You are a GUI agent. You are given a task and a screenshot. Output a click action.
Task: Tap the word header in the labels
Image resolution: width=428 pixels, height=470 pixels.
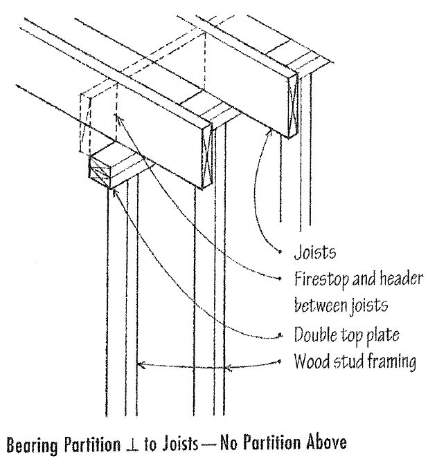point(391,280)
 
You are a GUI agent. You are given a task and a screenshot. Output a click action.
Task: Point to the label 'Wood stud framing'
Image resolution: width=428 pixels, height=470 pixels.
point(353,361)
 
